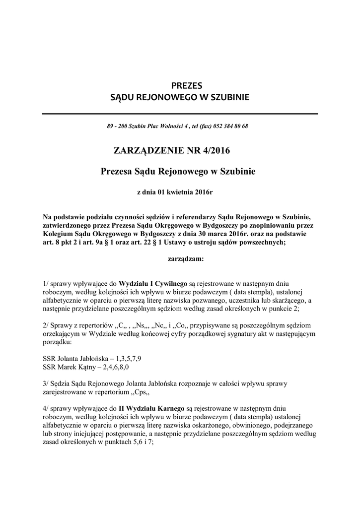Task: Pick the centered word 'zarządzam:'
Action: coord(183,258)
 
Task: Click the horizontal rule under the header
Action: coord(180,114)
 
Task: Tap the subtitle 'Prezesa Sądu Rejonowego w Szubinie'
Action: coord(178,172)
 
